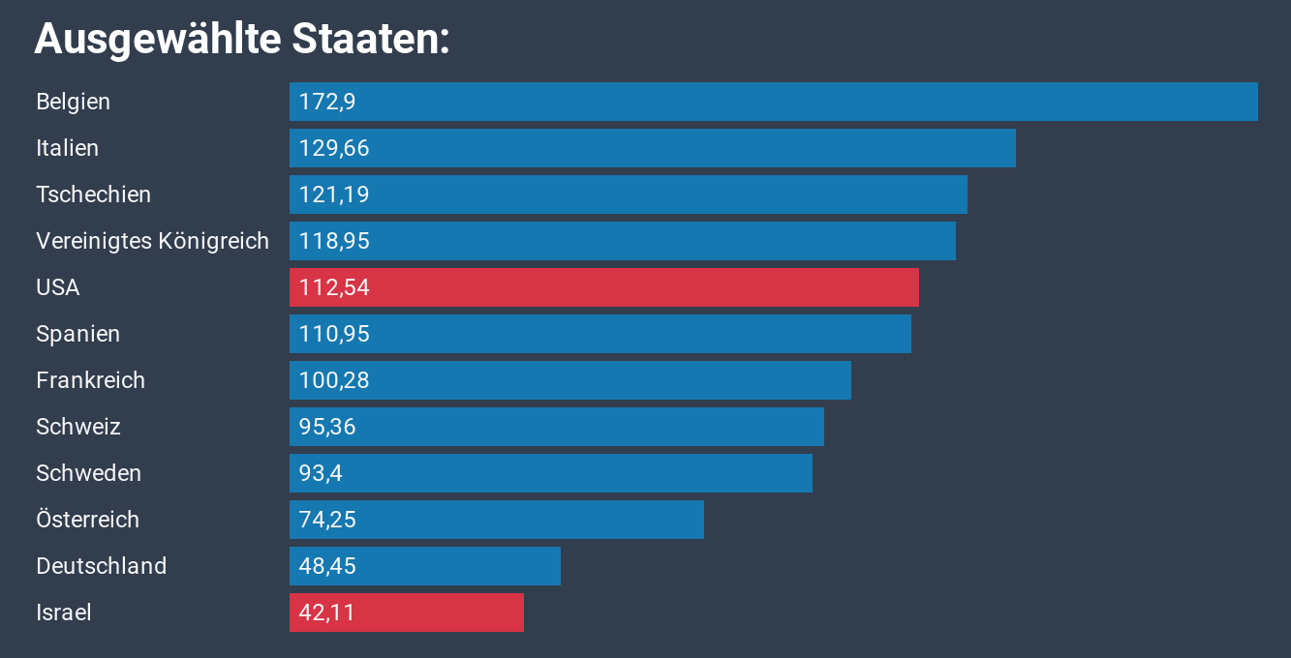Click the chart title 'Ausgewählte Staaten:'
point(242,39)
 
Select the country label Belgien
point(73,102)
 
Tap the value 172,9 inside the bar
point(327,102)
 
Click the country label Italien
point(67,148)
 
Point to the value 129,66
point(334,148)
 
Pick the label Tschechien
point(93,194)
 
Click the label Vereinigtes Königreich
point(152,241)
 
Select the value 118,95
point(334,241)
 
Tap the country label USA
point(57,287)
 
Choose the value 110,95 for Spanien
point(334,334)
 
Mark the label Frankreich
point(90,380)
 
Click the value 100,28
point(334,380)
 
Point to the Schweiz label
point(77,427)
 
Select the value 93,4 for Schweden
point(321,473)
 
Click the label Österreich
point(87,520)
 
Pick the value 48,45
point(327,566)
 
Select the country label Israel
point(63,613)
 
